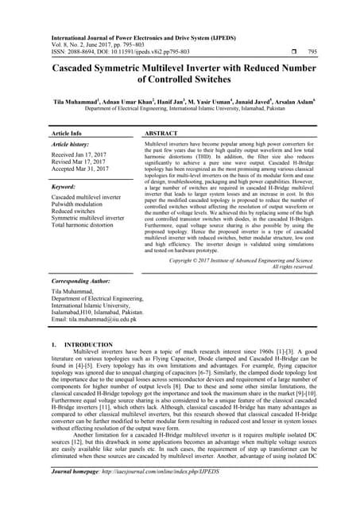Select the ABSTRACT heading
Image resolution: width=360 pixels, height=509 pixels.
pyautogui.click(x=165, y=134)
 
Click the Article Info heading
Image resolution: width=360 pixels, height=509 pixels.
pyautogui.click(x=68, y=134)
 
